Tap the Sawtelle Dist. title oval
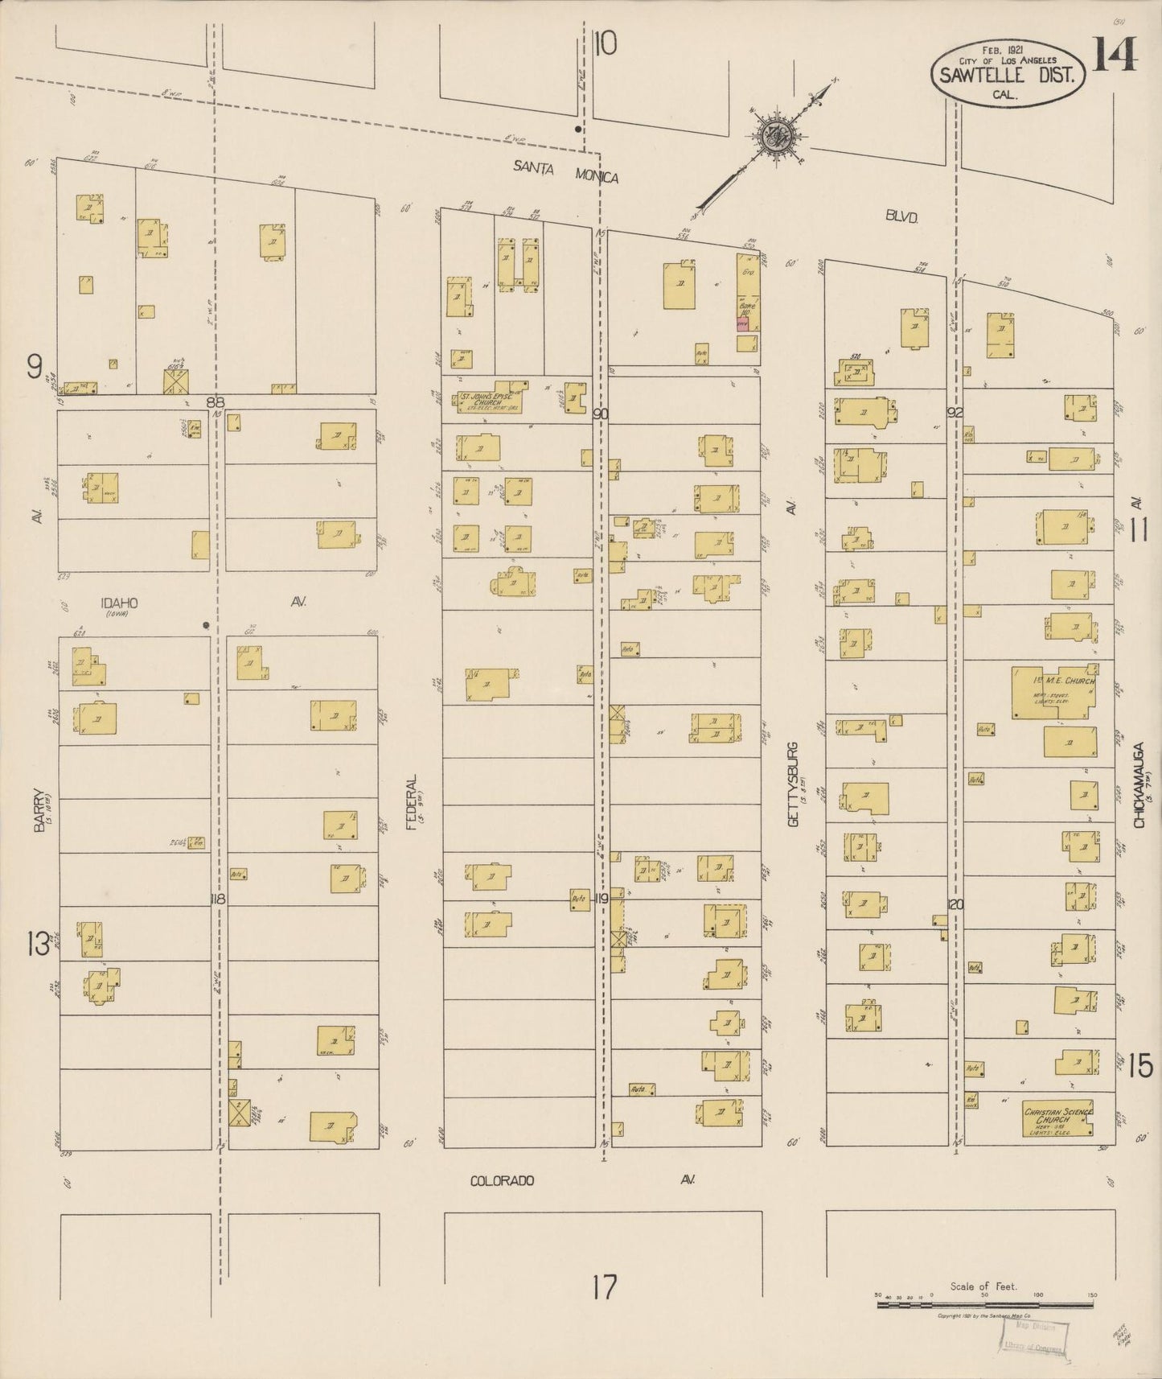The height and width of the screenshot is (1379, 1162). point(1008,73)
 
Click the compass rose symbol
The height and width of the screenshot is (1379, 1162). point(777,134)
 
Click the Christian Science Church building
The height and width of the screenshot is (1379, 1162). point(1057,1118)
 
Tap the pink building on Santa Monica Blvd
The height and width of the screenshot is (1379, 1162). point(742,324)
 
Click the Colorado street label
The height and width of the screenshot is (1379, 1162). point(502,1180)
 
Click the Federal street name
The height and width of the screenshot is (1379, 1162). point(413,801)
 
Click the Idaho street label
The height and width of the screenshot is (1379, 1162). point(119,603)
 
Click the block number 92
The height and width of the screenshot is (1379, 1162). point(955,413)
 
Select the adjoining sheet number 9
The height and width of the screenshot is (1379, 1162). point(34,367)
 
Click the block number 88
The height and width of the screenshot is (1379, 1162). point(215,401)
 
